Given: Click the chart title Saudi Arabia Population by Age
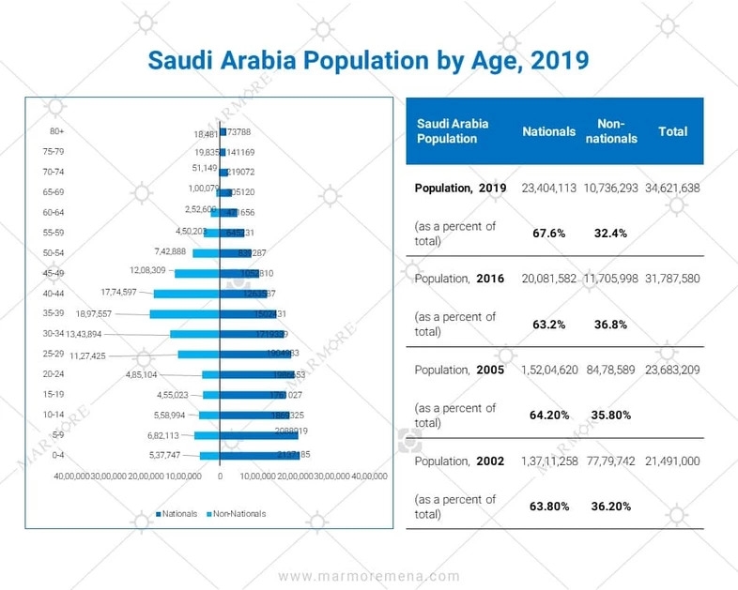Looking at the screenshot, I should pos(369,60).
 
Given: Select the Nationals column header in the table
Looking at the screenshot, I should pos(548,132).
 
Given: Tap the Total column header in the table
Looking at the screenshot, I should pos(672,132).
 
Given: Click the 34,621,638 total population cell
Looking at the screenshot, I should pos(672,188).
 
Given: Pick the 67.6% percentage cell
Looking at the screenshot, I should pos(548,233).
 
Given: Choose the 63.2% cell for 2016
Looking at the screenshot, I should pos(548,325).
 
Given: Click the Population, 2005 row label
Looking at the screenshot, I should pos(459,370).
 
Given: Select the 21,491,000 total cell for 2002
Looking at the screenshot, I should pos(672,461).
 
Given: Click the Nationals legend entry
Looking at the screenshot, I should pos(178,513).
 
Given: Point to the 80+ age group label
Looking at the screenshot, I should pos(57,131).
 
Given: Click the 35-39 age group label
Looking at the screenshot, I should pos(54,313).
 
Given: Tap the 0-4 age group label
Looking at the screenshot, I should pos(57,455).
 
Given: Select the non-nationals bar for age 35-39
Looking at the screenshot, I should pos(184,314).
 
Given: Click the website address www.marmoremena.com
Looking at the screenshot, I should pos(369,576).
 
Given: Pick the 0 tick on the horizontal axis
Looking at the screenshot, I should pos(220,477).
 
